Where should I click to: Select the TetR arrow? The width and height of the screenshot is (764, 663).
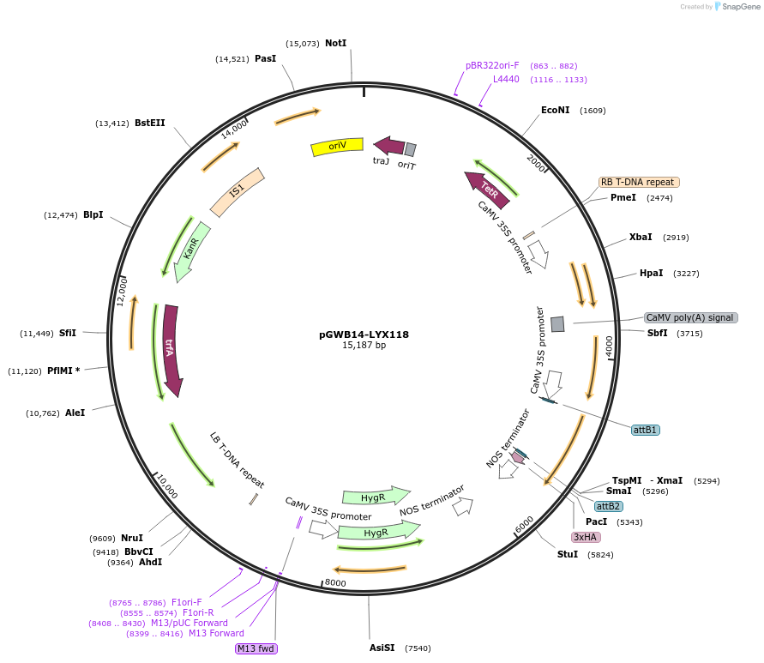[x=487, y=190]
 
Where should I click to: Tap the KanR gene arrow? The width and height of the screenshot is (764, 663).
[x=192, y=250]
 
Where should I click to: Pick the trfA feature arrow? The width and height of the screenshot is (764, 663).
[x=171, y=350]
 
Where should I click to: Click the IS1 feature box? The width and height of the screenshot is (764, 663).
[x=238, y=190]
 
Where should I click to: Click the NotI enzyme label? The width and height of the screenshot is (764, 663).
[x=335, y=43]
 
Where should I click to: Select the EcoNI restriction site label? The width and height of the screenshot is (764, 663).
[x=555, y=110]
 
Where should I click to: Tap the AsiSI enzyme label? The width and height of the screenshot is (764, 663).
[x=382, y=648]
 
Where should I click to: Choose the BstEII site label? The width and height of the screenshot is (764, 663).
[x=150, y=123]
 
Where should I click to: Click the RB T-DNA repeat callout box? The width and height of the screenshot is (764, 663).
[x=639, y=182]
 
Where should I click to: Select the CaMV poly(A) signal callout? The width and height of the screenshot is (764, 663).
[x=690, y=317]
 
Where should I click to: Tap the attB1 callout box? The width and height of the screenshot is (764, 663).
[x=646, y=429]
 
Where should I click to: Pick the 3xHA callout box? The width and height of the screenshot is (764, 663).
[x=586, y=537]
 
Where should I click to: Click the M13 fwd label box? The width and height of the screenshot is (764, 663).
[x=256, y=648]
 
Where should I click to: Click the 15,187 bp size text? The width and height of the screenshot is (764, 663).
[x=364, y=345]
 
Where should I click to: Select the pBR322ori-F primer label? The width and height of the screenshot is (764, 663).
[x=492, y=65]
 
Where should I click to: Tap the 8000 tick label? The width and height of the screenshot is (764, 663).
[x=335, y=583]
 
